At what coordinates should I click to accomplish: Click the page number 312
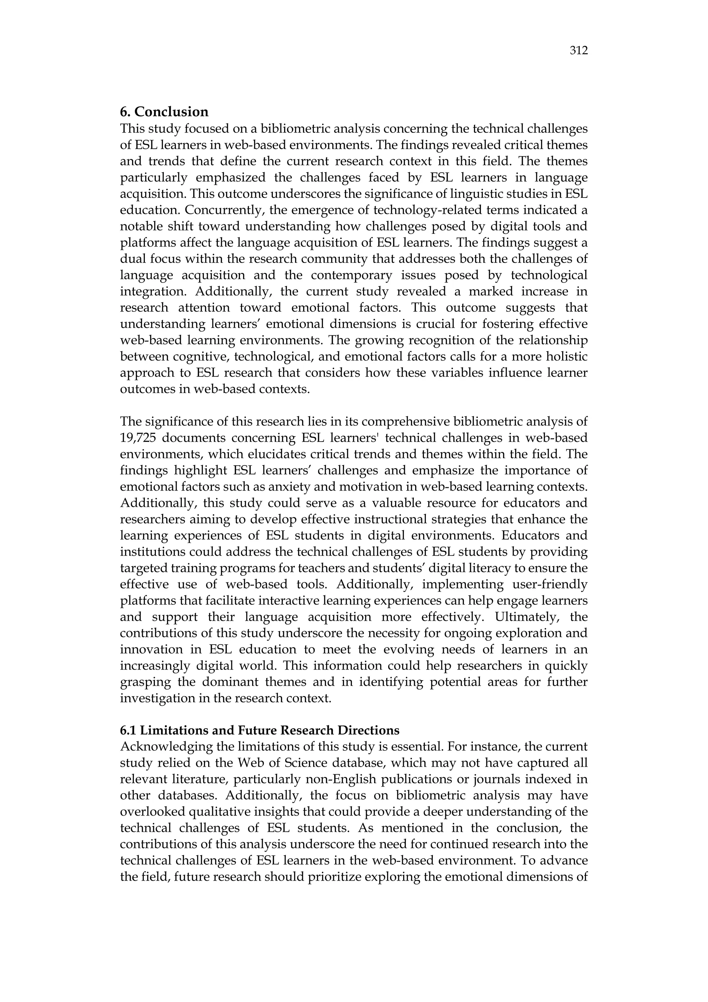coord(578,51)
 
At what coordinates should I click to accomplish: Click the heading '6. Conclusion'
coord(164,112)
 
